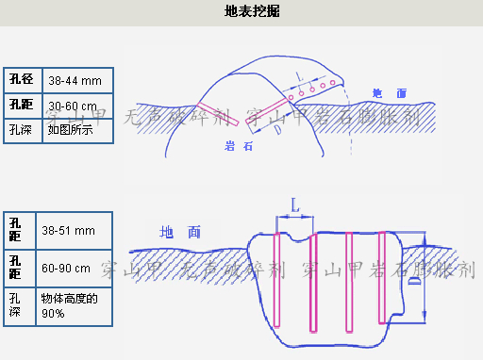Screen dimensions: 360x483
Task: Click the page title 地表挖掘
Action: [252, 11]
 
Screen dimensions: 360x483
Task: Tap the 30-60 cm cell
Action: [75, 106]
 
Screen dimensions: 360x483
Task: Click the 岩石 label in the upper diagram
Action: [239, 146]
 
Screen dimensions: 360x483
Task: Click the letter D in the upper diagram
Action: [279, 130]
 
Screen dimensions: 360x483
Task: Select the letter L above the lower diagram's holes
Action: [295, 203]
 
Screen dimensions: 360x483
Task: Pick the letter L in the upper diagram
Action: [299, 75]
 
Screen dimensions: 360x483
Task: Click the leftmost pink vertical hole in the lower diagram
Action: [276, 279]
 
